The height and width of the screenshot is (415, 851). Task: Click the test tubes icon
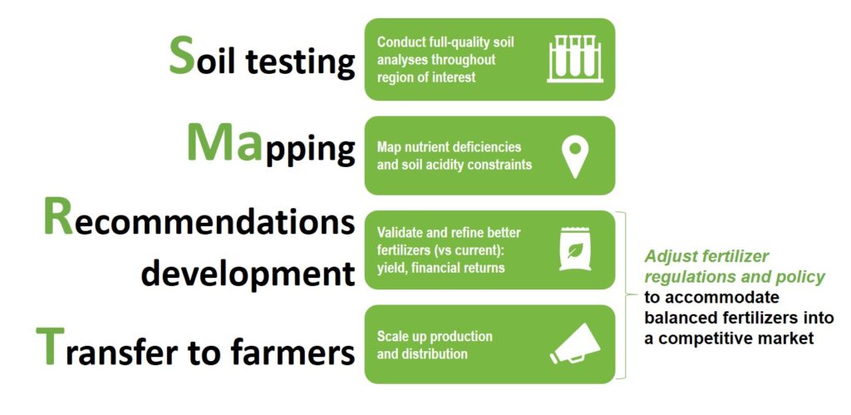coord(574,59)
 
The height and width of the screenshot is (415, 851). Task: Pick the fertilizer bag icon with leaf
coord(574,250)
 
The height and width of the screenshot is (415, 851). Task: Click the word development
coord(242,271)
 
